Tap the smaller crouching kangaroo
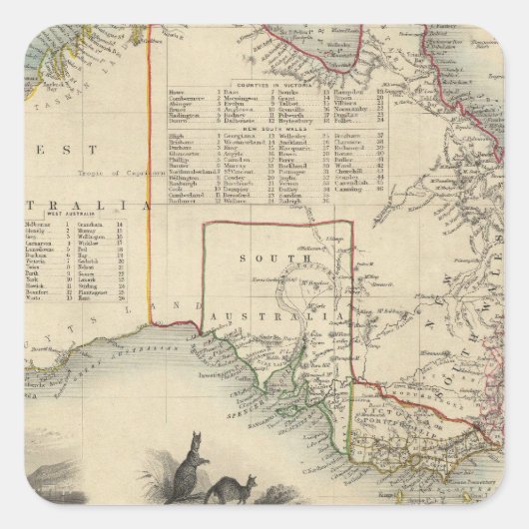click(x=221, y=491)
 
